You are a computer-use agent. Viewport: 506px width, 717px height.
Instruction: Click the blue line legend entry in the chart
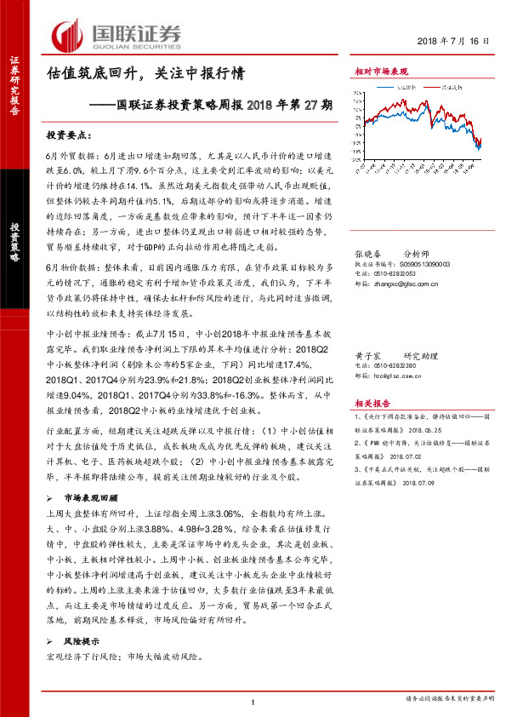pos(402,87)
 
